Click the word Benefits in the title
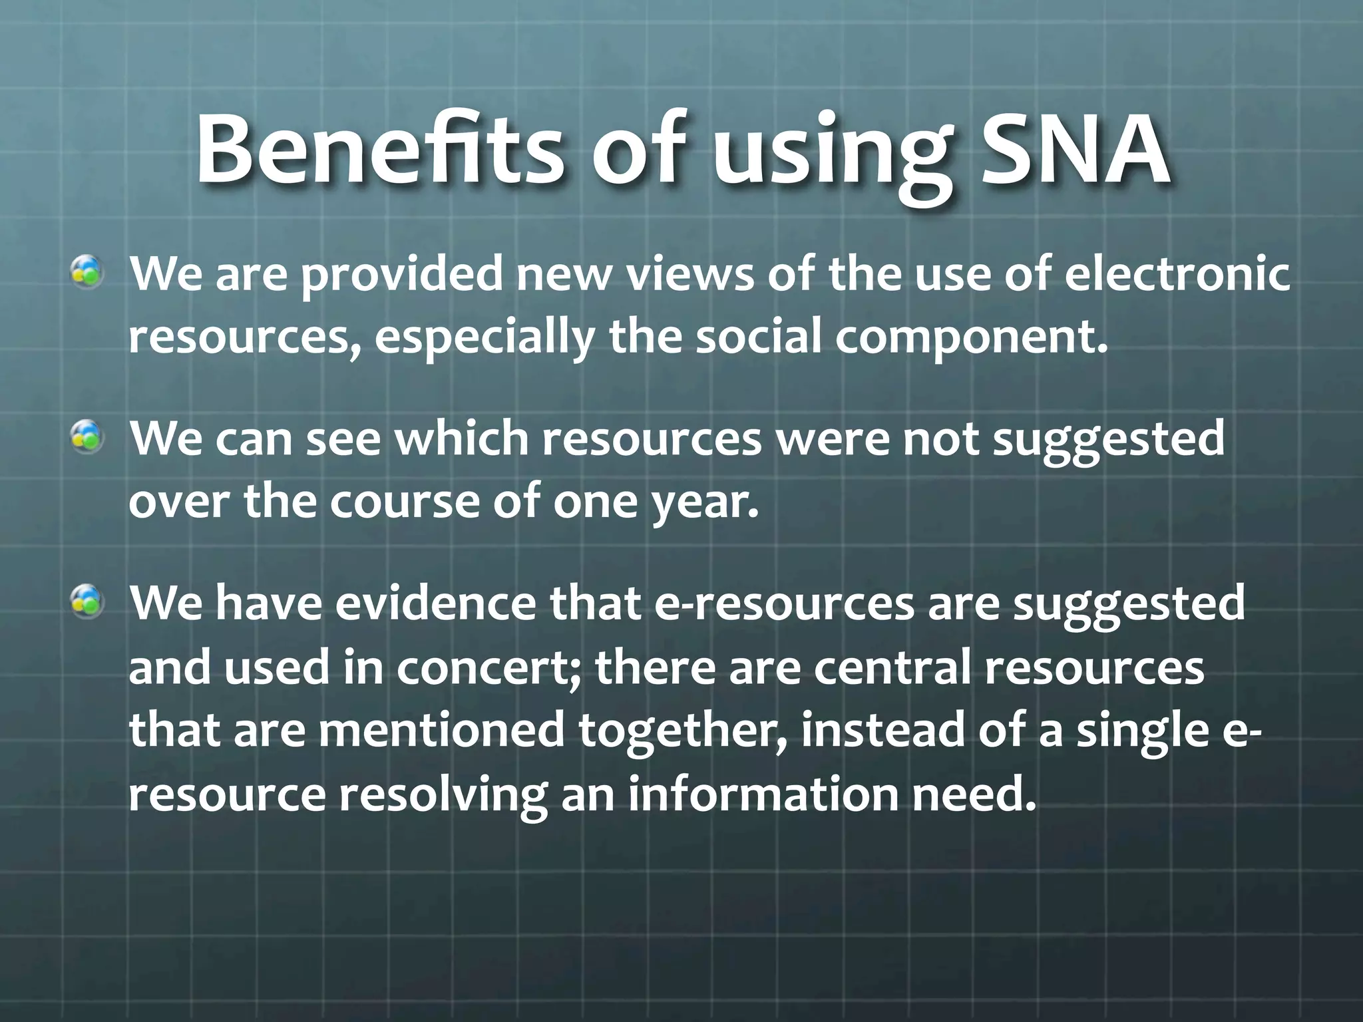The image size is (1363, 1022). (x=379, y=150)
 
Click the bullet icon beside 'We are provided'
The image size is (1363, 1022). (x=88, y=273)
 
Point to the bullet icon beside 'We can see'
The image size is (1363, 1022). (x=88, y=438)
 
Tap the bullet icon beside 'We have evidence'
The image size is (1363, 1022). (x=88, y=601)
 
